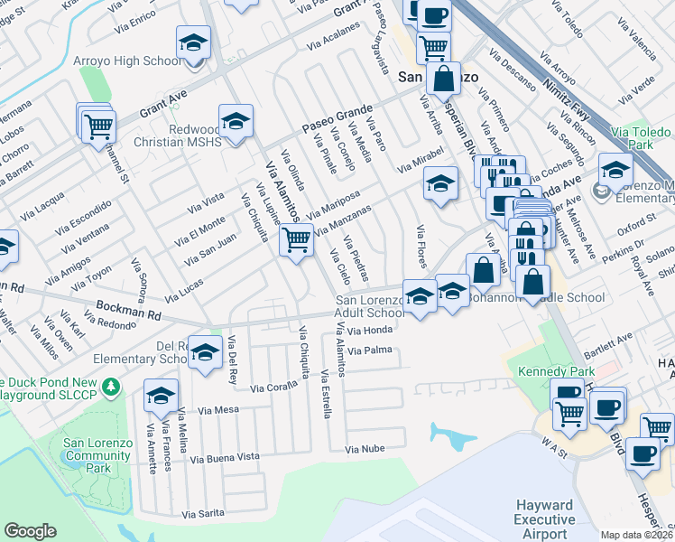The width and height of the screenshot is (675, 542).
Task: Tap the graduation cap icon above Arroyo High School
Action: pyautogui.click(x=194, y=44)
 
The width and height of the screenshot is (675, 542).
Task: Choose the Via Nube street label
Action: pyautogui.click(x=365, y=448)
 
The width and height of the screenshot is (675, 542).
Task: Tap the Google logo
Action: pyautogui.click(x=30, y=531)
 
